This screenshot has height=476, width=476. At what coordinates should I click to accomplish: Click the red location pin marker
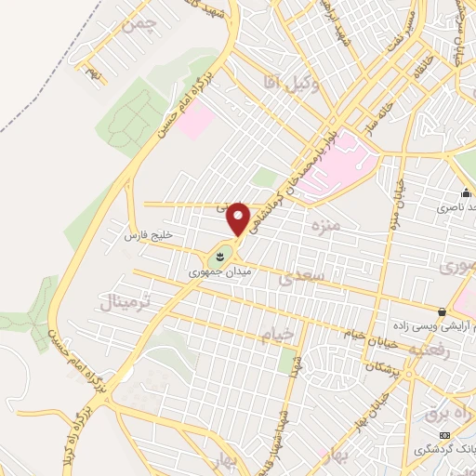pos(239,218)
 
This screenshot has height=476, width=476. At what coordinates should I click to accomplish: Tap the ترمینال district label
pos(122,301)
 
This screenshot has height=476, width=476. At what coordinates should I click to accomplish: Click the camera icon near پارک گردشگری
pos(444,435)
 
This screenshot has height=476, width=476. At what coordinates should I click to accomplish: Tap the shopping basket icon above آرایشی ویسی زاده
pos(443,311)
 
